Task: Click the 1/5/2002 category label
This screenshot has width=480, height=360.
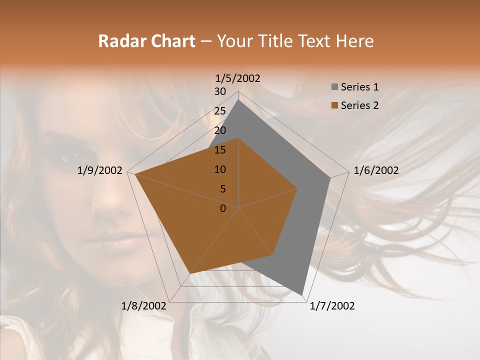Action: (238, 78)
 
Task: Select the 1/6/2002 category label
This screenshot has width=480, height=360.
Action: (376, 170)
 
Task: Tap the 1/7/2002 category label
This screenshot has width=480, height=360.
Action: (332, 306)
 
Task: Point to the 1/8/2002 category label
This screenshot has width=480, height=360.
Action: (144, 306)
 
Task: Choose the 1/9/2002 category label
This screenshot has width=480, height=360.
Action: (100, 170)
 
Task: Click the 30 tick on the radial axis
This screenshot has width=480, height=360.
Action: (220, 91)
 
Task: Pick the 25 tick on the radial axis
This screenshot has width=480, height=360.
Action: (220, 111)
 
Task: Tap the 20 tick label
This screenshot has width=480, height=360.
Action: (220, 130)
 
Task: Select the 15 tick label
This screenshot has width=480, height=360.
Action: (220, 150)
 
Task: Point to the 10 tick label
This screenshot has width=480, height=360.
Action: (220, 169)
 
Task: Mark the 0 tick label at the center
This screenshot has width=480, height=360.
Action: (223, 208)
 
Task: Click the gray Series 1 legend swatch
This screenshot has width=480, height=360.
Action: (334, 87)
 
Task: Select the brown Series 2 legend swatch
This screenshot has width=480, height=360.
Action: (334, 105)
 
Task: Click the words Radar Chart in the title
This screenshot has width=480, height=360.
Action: (146, 41)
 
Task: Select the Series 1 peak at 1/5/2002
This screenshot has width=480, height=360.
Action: (238, 99)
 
